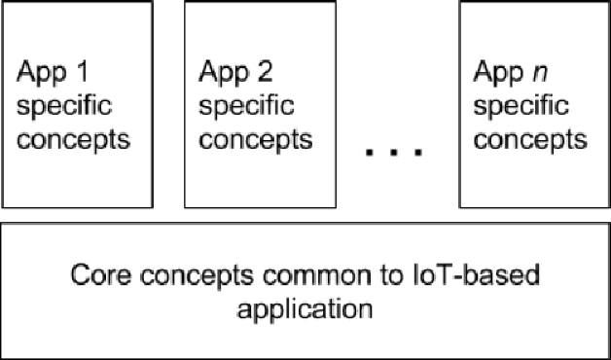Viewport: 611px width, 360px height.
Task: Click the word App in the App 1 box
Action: click(x=40, y=73)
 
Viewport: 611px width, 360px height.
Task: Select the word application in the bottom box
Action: click(x=305, y=311)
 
